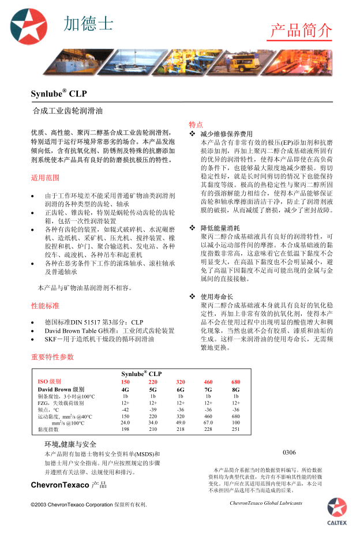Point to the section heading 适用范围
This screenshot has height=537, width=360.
[45, 178]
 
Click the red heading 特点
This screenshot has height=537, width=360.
[196, 125]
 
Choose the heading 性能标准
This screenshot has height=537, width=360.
[45, 306]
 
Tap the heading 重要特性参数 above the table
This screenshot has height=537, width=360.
[52, 357]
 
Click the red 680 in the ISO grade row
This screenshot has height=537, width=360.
[235, 382]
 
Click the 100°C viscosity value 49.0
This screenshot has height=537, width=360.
[181, 422]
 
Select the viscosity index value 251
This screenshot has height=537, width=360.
[235, 429]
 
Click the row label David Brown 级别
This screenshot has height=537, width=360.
[61, 389]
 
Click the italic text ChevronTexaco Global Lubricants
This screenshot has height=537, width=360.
[265, 503]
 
